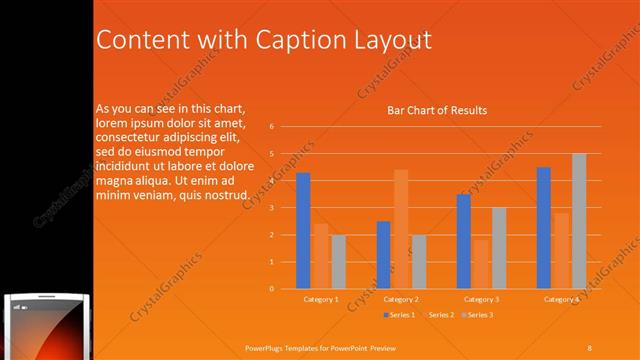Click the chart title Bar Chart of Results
coord(437,110)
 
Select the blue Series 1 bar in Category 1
coord(303,231)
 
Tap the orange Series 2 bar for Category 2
coord(401,229)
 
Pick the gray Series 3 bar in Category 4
coord(579,221)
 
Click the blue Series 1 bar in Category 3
coord(463,241)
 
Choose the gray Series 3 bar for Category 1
coord(338,262)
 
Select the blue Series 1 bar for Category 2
coord(383,255)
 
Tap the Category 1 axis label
coord(320,299)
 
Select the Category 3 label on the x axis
coord(481,299)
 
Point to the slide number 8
coord(589,347)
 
